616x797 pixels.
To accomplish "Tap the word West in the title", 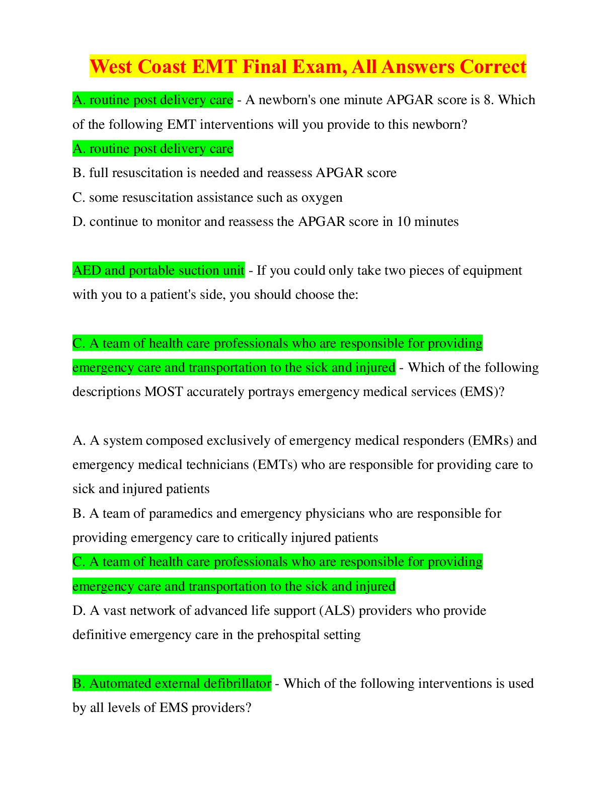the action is pos(111,67).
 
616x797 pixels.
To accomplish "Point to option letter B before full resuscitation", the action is pos(79,173).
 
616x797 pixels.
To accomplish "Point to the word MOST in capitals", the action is pos(164,392).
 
